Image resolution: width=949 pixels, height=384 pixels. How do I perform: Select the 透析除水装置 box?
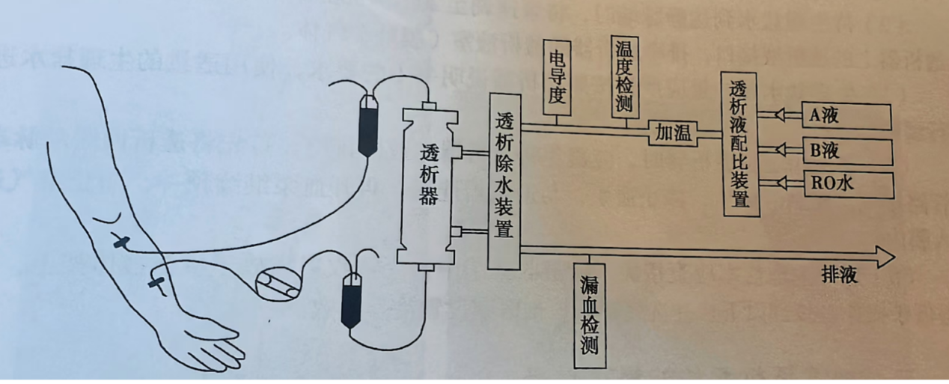(504, 181)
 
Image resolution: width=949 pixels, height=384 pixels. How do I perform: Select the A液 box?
(846, 116)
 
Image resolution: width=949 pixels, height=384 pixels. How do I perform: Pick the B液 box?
(846, 151)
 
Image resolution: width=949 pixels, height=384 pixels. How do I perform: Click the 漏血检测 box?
(589, 314)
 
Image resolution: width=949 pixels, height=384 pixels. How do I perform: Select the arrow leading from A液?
(779, 115)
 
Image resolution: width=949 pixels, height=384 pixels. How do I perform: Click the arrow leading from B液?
(779, 148)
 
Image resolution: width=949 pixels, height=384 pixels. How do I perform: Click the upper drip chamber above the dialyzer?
(367, 125)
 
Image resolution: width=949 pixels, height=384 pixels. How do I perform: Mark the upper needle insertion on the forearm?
(120, 243)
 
